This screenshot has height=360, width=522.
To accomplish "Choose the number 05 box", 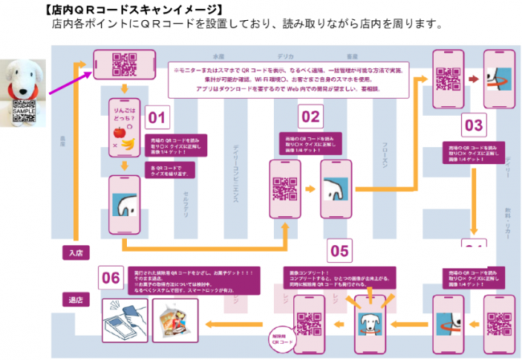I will [x=339, y=252].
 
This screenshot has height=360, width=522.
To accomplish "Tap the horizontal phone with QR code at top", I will [x=124, y=61].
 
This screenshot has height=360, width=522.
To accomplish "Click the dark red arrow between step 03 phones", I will [x=472, y=80].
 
